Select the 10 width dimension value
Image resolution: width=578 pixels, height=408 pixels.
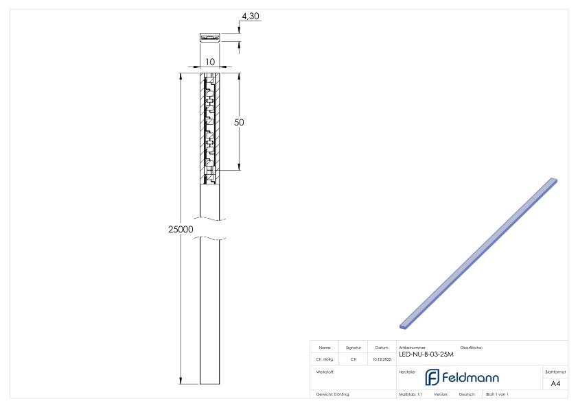[210, 62]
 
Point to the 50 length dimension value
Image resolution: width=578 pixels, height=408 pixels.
[240, 122]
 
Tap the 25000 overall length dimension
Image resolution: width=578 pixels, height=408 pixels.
[181, 229]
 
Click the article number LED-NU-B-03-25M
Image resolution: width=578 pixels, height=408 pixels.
[426, 355]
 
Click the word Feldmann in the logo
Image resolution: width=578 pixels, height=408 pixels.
[470, 377]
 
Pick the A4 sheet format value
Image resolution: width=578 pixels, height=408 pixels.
[555, 383]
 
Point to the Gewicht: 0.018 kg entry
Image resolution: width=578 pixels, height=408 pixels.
[333, 394]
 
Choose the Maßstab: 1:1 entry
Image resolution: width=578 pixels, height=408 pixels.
[411, 394]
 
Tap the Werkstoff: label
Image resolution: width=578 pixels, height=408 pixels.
[325, 371]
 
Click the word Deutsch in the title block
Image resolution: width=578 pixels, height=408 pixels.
[467, 394]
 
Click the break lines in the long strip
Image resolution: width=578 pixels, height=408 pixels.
[210, 229]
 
